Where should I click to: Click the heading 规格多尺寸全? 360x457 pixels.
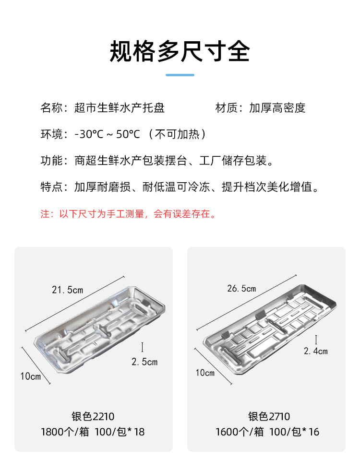click(180, 51)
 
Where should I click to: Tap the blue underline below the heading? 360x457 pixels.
click(180, 75)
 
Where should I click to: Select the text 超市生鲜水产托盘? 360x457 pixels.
click(120, 108)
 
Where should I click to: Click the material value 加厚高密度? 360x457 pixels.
click(277, 108)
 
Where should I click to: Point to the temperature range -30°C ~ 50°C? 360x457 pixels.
click(108, 134)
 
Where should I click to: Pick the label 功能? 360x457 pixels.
click(52, 161)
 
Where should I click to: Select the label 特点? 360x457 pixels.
click(52, 187)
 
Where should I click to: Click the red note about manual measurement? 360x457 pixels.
click(129, 214)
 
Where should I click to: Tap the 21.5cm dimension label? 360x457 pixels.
click(67, 290)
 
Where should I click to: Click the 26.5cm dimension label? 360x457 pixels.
click(241, 289)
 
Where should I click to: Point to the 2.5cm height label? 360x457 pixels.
click(144, 362)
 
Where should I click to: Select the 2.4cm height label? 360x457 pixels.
click(316, 351)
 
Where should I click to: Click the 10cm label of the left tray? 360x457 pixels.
click(31, 376)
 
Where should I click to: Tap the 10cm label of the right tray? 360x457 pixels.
click(205, 373)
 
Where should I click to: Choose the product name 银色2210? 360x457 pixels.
click(93, 417)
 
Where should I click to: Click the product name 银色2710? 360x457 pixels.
click(269, 417)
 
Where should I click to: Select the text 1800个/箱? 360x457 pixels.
click(65, 432)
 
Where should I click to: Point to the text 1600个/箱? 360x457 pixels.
click(240, 432)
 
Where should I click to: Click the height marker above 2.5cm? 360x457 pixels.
click(143, 347)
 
